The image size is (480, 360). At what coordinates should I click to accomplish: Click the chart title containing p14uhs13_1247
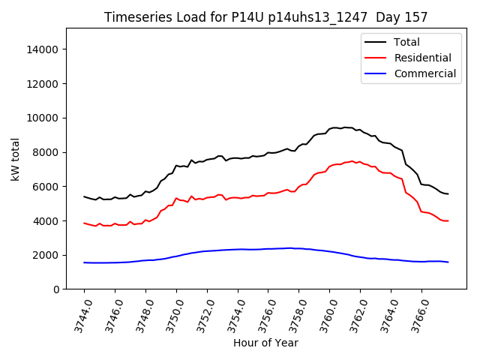[x=265, y=17]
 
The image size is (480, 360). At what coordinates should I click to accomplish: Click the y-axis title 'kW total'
[x=15, y=158]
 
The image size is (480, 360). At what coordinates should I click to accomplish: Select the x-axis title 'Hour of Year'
[x=265, y=343]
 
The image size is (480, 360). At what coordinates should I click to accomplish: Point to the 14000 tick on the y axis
[x=43, y=49]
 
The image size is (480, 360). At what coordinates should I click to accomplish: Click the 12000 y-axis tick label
[x=43, y=84]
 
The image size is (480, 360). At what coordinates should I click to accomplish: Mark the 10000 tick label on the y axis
[x=43, y=118]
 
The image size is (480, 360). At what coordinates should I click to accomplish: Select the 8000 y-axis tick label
[x=46, y=152]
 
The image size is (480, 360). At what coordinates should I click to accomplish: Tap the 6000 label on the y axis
[x=46, y=187]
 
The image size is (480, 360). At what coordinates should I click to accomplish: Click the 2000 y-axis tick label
[x=46, y=255]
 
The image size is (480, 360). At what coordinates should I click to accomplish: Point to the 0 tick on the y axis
[x=56, y=289]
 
